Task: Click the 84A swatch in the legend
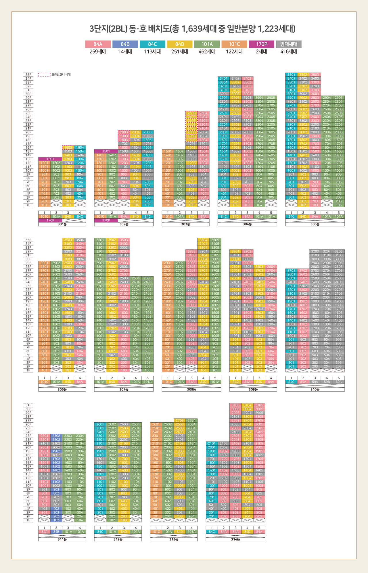(x=98, y=44)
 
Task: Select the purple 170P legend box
(x=261, y=44)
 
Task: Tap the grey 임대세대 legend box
(x=289, y=44)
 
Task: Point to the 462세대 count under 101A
(x=207, y=52)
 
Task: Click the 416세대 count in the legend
(x=289, y=52)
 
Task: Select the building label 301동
(x=62, y=224)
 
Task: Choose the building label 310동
(x=315, y=390)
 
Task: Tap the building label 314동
(x=235, y=539)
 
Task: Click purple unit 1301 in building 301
(x=50, y=159)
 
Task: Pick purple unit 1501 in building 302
(x=106, y=151)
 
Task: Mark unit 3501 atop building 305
(x=291, y=74)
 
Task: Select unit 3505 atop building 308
(x=215, y=240)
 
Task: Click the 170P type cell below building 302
(x=106, y=221)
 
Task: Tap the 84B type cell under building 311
(x=56, y=532)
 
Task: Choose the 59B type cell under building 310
(x=327, y=382)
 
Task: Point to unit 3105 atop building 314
(x=259, y=405)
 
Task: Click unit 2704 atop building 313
(x=191, y=420)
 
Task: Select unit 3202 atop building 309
(x=247, y=251)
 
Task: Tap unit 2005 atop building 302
(x=147, y=132)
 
